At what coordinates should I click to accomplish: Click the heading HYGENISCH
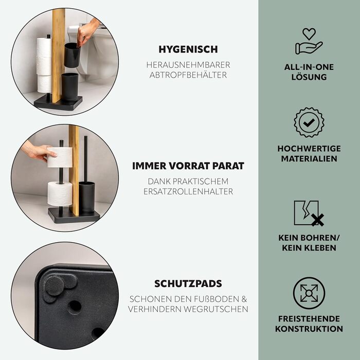pos(188,49)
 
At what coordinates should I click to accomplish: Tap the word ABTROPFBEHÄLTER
pos(188,75)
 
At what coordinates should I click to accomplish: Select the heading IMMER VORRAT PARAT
pos(188,166)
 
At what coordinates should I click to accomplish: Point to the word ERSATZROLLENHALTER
pos(188,191)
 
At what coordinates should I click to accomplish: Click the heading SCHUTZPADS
pos(188,284)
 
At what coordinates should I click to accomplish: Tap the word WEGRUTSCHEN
pos(216,309)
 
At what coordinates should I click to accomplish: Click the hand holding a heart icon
pos(309,41)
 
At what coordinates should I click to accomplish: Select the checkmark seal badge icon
pos(309,122)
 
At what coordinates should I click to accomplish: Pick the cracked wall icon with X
pos(309,213)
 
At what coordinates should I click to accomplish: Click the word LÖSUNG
pos(309,77)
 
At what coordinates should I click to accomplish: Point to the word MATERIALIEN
pos(309,158)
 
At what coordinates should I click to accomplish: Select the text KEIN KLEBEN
pos(309,248)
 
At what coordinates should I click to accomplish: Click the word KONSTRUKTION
pos(309,329)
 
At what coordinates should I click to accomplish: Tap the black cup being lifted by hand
pos(72,55)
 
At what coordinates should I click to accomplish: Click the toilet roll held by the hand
pos(60,157)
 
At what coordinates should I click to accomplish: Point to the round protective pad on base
pos(54,285)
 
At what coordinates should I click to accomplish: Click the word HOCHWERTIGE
pos(309,149)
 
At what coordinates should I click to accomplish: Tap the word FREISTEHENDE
pos(309,319)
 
